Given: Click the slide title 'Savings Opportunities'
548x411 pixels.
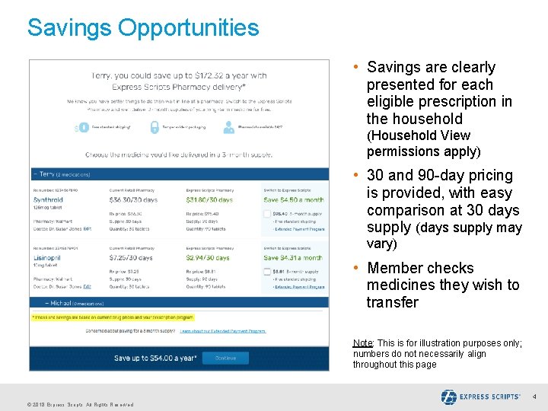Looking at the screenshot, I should coord(143,28).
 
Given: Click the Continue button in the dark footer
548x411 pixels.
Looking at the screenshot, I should coord(225,358).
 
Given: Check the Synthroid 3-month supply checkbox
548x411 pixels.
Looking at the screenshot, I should coord(267,214).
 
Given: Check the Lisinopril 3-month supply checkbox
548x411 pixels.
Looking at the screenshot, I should coord(267,272).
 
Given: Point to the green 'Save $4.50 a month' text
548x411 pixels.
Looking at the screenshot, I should coord(294,200).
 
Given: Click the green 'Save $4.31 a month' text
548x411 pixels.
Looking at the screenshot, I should coord(294,258).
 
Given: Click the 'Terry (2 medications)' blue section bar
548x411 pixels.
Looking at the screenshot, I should coord(179,174).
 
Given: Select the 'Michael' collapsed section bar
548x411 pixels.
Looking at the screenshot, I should coord(179,303).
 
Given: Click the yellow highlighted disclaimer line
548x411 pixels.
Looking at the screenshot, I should coord(113,317).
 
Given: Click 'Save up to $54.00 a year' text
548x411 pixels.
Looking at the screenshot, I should coord(155,358).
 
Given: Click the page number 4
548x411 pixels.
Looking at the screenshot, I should coord(534,397).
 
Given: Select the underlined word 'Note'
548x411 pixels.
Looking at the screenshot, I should coord(362,343).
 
